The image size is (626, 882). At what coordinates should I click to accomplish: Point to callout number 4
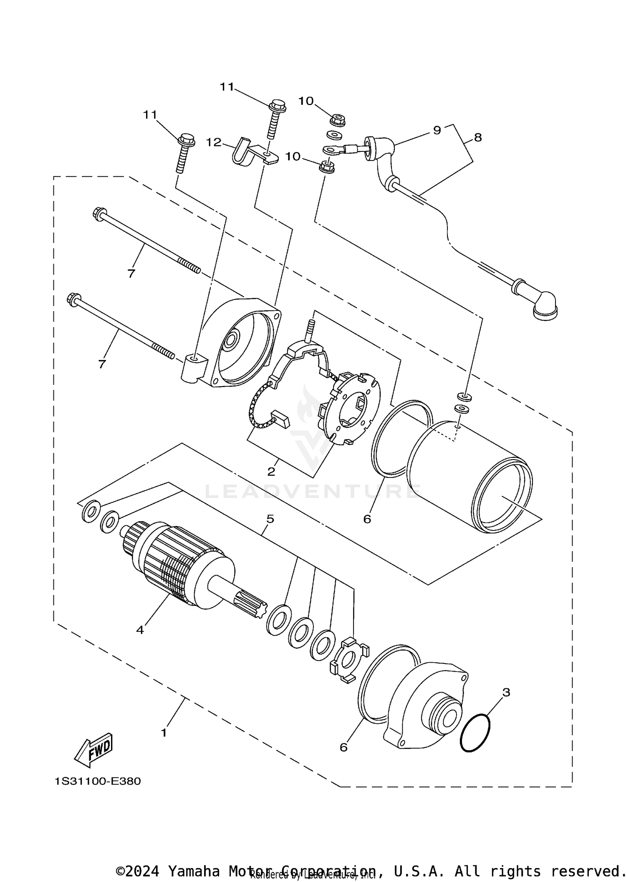[140, 630]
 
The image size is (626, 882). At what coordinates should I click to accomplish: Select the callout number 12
[214, 142]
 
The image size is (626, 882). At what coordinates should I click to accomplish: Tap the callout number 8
[478, 137]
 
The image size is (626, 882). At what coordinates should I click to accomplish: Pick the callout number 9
[437, 130]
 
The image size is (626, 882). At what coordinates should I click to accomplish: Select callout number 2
[271, 472]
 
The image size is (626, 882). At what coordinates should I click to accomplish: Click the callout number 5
[270, 519]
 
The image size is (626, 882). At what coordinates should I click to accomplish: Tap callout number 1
[164, 732]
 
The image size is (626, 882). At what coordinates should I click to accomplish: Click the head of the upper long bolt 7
[98, 214]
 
